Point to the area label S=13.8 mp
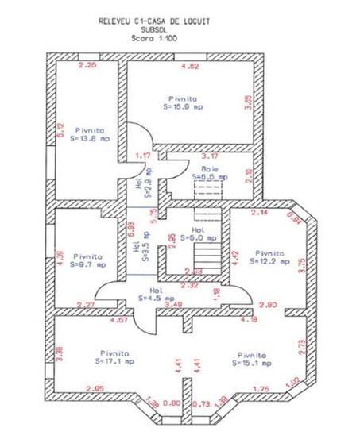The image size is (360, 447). [x=93, y=137]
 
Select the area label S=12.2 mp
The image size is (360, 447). [x=265, y=260]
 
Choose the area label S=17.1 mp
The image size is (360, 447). [x=115, y=361]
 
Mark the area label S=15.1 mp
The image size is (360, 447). [x=253, y=362]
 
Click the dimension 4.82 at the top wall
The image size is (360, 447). [x=191, y=66]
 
